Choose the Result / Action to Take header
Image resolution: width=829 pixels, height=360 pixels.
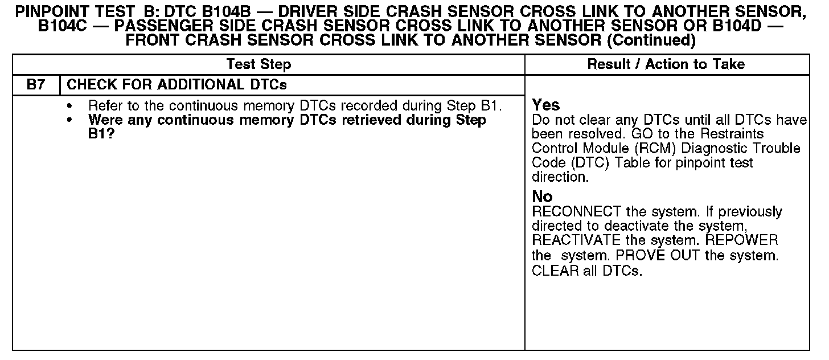point(666,64)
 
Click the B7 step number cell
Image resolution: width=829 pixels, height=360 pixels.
point(35,85)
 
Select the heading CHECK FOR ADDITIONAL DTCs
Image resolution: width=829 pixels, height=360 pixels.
point(177,85)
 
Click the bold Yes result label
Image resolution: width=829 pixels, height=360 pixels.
point(545,105)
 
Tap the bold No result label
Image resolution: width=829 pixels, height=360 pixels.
point(542,197)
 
